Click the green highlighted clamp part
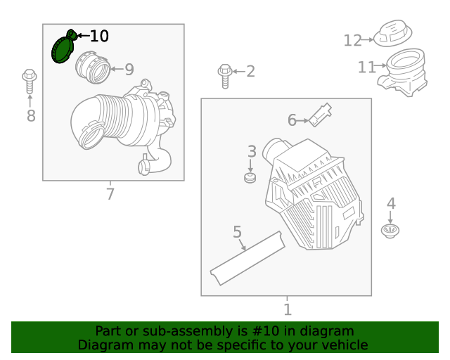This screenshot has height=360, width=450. (x=64, y=49)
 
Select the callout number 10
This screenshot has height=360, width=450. (x=99, y=36)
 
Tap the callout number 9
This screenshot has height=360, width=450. (x=129, y=70)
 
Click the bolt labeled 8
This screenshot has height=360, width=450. (x=29, y=81)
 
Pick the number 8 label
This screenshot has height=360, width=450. (x=31, y=116)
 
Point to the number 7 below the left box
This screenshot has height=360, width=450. (x=110, y=193)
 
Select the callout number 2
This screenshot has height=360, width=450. (x=250, y=71)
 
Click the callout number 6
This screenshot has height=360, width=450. (x=292, y=120)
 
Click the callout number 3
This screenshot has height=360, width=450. (x=252, y=151)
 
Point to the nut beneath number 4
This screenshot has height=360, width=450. (x=390, y=231)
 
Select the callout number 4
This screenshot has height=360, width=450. (x=391, y=204)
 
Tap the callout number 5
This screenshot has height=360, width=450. (x=237, y=232)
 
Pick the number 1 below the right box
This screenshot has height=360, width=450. (x=287, y=309)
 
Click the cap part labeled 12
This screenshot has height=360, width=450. (x=392, y=34)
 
